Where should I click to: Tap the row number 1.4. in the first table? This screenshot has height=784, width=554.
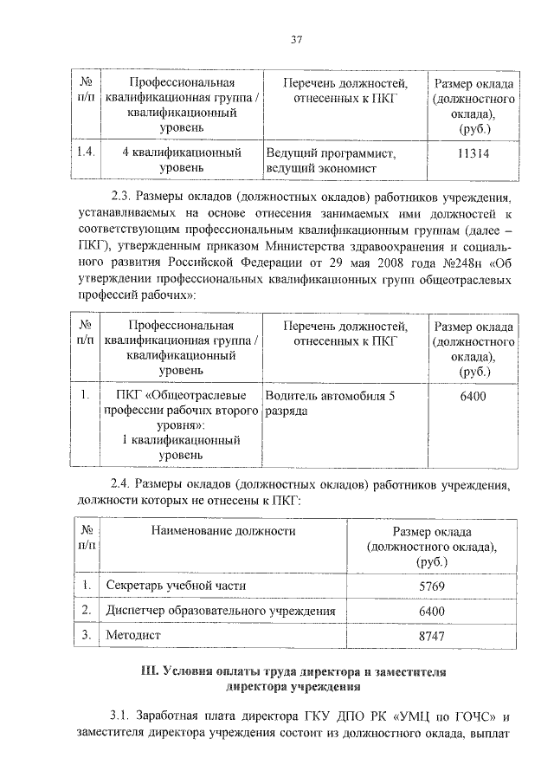[x=85, y=153]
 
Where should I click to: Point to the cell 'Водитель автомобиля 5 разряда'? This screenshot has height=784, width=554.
[x=332, y=405]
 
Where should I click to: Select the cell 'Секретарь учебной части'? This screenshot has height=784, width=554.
[x=176, y=586]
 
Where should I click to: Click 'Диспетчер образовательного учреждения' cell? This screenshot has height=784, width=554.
[x=220, y=612]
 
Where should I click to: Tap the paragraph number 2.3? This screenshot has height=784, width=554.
[x=123, y=197]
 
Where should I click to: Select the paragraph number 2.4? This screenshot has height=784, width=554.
[x=123, y=483]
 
